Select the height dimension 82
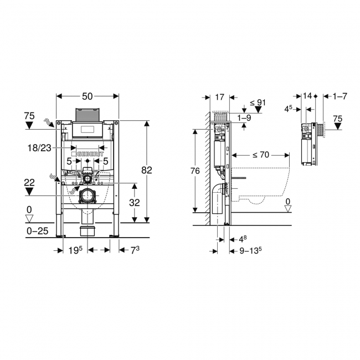(146, 171)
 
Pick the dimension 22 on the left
(29, 182)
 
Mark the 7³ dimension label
(133, 251)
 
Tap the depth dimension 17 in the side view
(219, 97)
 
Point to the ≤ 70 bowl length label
(258, 155)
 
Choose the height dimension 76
(195, 171)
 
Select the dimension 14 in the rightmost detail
(307, 96)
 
